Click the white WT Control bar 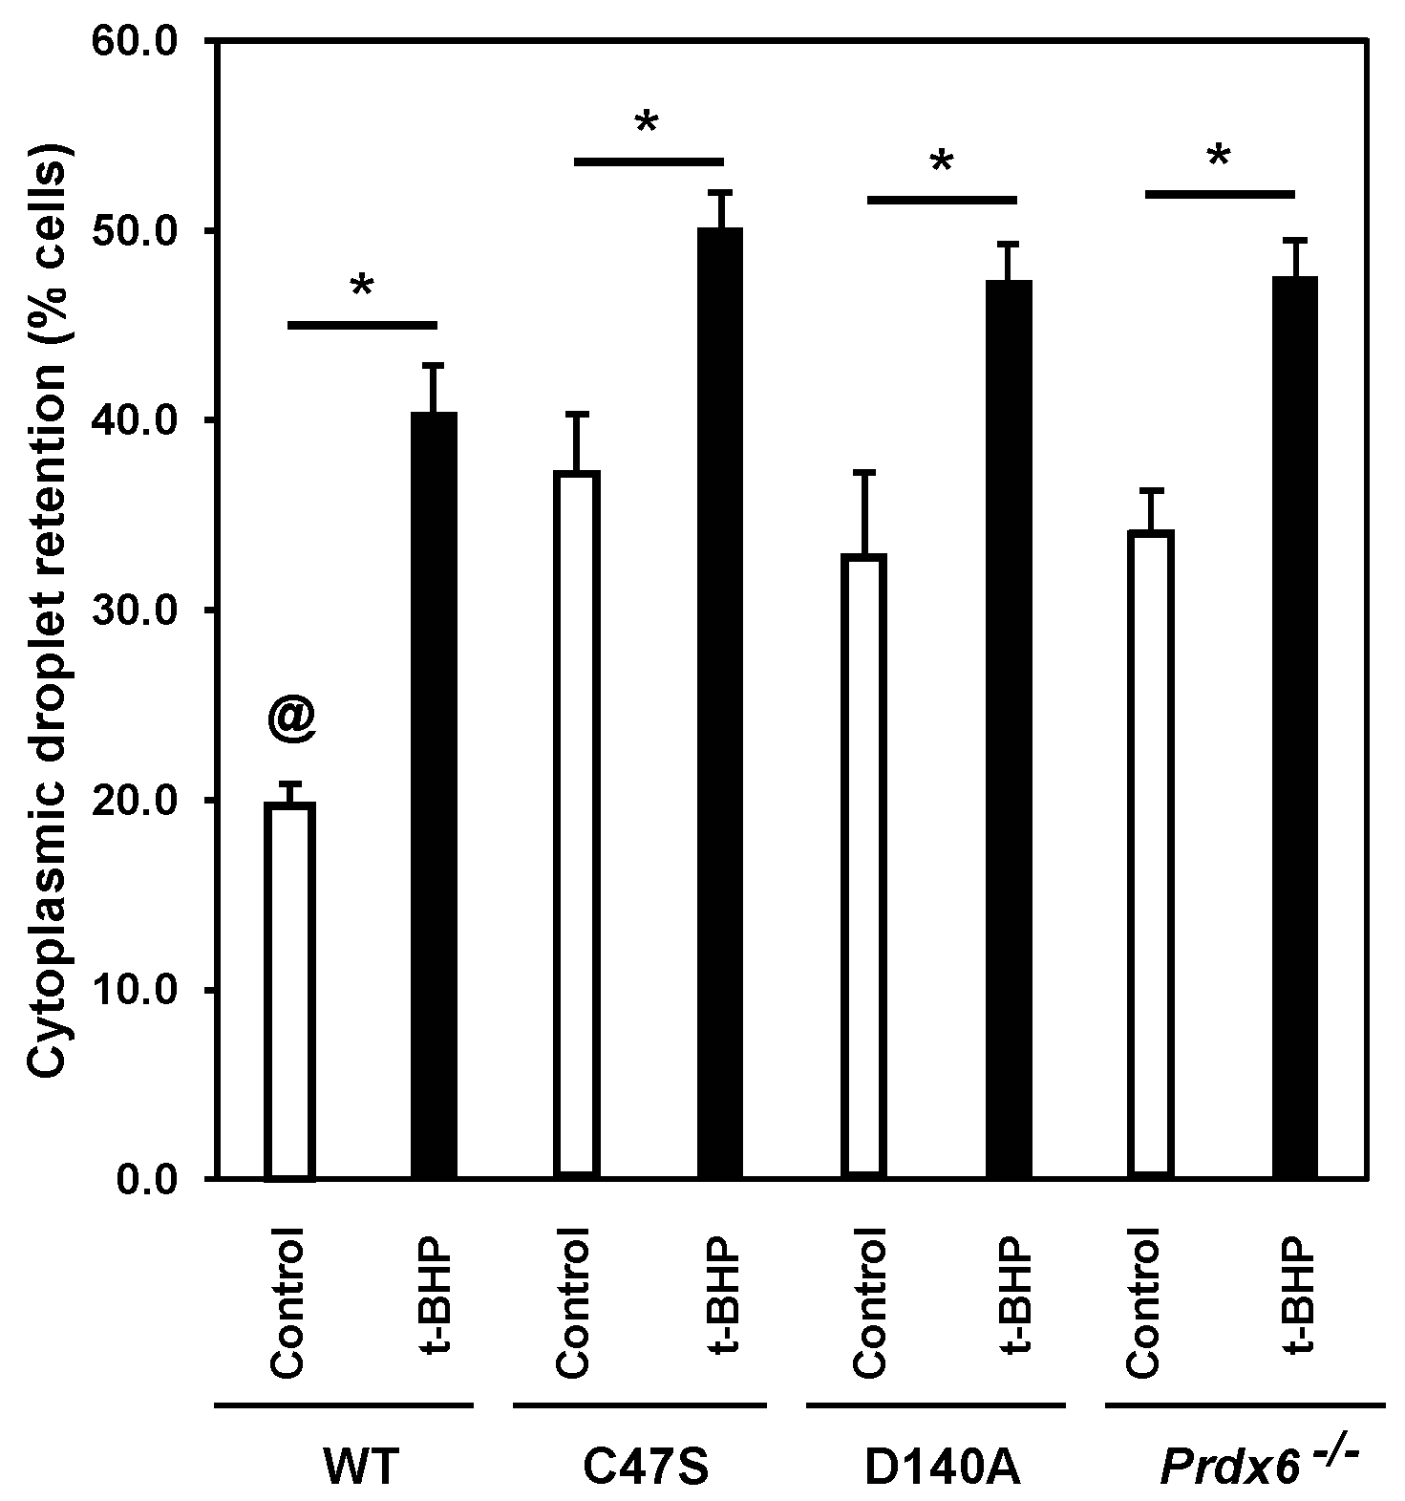[289, 991]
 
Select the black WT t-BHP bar [434, 795]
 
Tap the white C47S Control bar [576, 824]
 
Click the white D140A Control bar [864, 866]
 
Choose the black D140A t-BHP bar [1009, 729]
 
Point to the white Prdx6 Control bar [1150, 854]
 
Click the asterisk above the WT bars [361, 286]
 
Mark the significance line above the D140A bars [942, 200]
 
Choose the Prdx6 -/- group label [1258, 1467]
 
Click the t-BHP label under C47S [719, 1297]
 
